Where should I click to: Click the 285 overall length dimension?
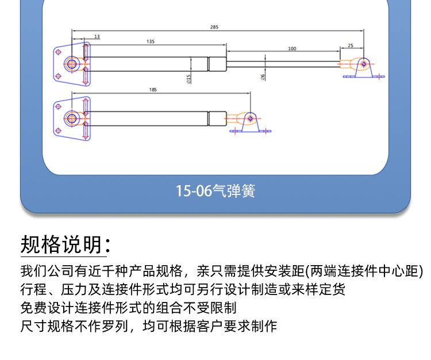tap(214, 26)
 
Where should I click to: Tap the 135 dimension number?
tap(150, 41)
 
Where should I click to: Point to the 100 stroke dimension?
tap(292, 49)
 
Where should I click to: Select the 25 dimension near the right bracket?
tap(351, 45)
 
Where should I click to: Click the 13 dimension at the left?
tap(97, 36)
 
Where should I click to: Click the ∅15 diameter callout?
tap(188, 79)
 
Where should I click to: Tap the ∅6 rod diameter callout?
tap(263, 76)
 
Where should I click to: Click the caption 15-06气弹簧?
tap(215, 190)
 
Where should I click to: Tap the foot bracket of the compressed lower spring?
tap(251, 123)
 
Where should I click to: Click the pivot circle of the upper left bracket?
tap(72, 63)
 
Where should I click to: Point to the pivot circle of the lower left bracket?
tap(72, 119)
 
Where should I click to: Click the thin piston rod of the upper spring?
tap(282, 63)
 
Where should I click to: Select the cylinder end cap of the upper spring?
tap(216, 63)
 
